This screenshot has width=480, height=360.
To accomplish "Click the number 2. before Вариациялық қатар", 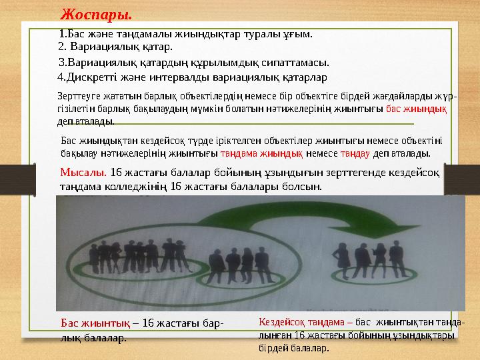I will click(63, 47).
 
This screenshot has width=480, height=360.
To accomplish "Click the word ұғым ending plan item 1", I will click(299, 33).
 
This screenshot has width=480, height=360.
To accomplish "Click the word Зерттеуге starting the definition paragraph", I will click(77, 97).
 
